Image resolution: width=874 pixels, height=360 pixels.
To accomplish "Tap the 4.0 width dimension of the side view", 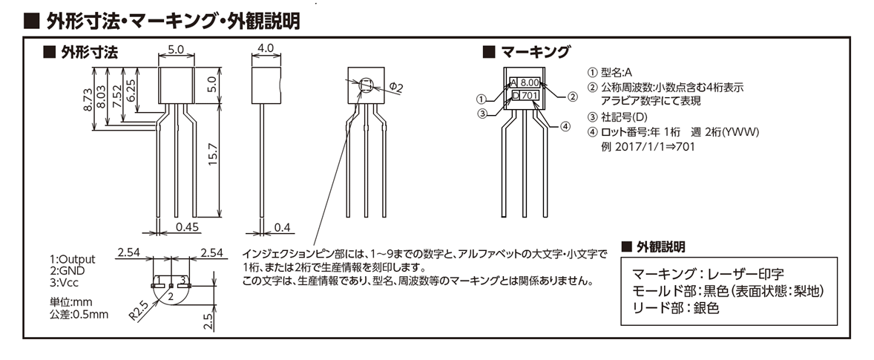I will click(x=264, y=49).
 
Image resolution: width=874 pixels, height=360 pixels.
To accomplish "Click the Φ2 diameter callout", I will click(x=396, y=88).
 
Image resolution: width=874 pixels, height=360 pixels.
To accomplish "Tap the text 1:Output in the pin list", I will click(x=73, y=259).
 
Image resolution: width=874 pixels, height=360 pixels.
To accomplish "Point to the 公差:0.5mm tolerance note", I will click(x=79, y=314).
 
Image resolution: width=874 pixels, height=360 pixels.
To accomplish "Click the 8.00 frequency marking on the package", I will click(x=530, y=82).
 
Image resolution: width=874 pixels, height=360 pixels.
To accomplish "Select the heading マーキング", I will click(x=534, y=52).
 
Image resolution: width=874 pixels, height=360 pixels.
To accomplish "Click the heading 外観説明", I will click(x=660, y=246).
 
